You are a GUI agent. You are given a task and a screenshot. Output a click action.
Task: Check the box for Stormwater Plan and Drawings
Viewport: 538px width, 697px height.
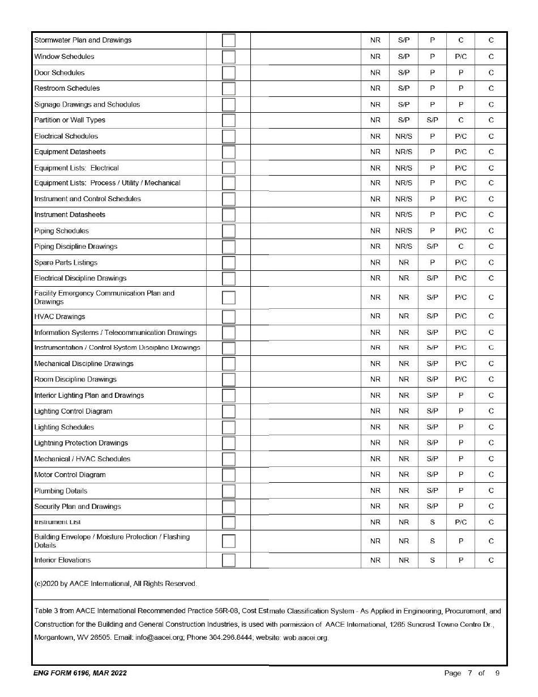point(228,41)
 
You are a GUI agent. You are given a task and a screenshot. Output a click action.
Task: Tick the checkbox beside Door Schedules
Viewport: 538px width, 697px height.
point(228,73)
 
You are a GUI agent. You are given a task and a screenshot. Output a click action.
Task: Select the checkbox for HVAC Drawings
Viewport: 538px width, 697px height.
point(228,317)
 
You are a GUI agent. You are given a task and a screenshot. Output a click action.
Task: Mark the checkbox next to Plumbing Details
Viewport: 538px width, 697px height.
point(228,491)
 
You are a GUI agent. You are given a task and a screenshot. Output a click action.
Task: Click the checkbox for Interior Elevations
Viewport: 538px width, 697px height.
point(228,560)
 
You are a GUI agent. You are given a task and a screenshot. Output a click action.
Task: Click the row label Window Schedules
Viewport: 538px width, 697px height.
point(64,57)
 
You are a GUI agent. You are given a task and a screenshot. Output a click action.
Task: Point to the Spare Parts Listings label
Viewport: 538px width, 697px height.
point(66,262)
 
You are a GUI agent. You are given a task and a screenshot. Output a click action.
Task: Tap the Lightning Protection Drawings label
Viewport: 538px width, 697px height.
point(81,443)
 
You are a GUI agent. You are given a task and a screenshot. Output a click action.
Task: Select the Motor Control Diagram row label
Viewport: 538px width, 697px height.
point(70,475)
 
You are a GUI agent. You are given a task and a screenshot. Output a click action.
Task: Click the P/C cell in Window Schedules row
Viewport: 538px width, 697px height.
point(460,57)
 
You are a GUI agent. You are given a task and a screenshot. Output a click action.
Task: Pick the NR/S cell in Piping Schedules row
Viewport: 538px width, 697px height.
point(403,231)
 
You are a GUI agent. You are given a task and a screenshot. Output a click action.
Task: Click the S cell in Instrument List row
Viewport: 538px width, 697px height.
point(432,522)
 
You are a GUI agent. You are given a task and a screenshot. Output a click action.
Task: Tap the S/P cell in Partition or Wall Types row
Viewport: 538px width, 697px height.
point(432,120)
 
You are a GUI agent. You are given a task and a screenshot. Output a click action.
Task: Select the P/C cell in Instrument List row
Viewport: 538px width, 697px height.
point(460,522)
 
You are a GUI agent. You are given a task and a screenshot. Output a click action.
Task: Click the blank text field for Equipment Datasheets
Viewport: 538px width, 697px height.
point(305,152)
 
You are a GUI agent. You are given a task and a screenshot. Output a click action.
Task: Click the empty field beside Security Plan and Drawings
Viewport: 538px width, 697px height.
point(305,507)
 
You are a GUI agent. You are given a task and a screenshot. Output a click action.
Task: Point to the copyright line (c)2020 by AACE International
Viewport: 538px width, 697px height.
point(116,584)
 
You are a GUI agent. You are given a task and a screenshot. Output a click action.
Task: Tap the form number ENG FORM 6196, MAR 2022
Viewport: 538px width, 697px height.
point(79,673)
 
